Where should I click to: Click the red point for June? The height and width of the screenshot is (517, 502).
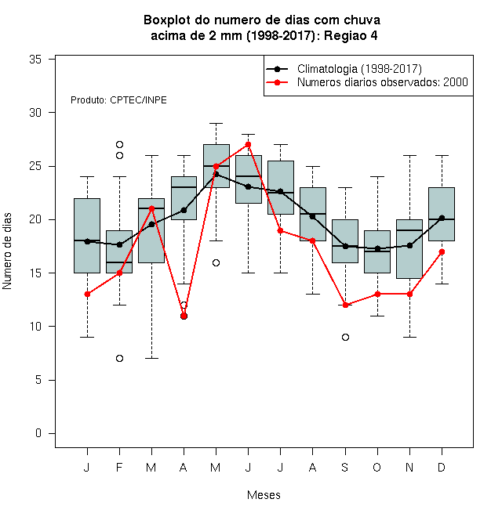click(249, 144)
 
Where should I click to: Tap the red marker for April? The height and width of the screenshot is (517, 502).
click(184, 316)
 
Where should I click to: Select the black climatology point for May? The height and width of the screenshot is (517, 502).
click(216, 174)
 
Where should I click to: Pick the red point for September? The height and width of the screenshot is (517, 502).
click(345, 305)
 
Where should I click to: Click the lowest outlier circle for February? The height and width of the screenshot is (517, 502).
click(119, 359)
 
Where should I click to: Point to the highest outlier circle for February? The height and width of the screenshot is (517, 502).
click(119, 144)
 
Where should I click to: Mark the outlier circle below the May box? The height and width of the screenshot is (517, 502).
click(216, 262)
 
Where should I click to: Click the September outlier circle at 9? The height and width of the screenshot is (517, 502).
click(345, 337)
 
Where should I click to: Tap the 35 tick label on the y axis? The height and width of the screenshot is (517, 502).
click(35, 60)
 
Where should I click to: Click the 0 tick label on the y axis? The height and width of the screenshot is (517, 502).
click(38, 433)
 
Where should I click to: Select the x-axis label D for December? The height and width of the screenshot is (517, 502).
click(442, 467)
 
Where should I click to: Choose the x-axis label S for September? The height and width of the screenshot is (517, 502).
click(345, 467)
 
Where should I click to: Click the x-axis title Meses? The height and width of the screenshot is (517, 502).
click(264, 495)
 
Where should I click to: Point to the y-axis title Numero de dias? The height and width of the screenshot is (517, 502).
click(7, 251)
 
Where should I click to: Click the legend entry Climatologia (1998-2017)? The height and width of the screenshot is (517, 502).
click(359, 69)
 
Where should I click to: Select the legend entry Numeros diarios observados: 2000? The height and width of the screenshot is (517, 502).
click(383, 82)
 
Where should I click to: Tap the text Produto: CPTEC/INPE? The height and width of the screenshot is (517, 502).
click(118, 100)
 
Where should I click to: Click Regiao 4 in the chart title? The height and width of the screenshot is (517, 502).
click(351, 35)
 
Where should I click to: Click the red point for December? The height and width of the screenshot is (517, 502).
click(442, 252)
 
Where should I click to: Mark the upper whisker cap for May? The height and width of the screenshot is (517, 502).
click(216, 123)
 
